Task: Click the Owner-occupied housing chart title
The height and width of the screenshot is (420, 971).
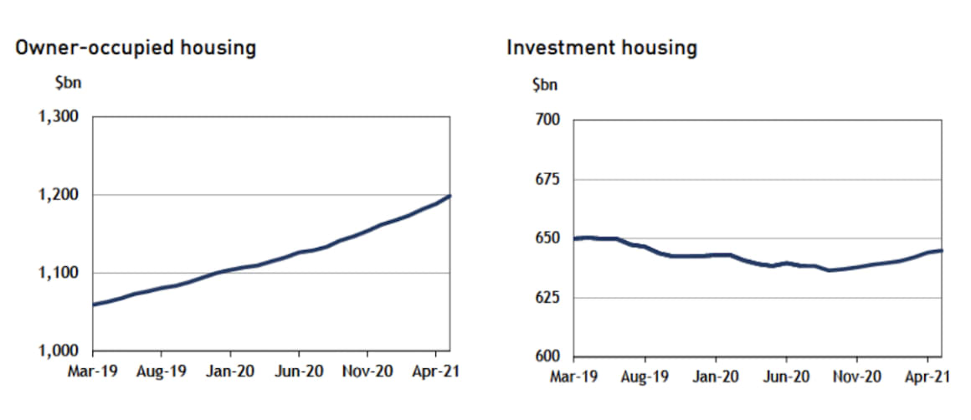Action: click(136, 48)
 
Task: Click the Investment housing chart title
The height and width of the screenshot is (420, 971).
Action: click(601, 48)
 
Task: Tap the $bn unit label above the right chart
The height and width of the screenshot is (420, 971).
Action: click(544, 84)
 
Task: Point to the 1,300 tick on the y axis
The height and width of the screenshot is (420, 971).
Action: click(59, 117)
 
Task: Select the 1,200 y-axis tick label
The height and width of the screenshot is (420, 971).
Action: click(59, 195)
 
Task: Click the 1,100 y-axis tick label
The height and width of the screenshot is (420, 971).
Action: click(59, 273)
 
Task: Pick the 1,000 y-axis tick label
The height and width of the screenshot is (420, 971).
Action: click(59, 351)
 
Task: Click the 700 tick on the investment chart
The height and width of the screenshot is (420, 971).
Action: click(547, 121)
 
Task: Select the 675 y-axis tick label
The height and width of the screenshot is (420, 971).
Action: click(547, 180)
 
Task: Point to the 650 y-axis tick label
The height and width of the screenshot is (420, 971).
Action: click(547, 239)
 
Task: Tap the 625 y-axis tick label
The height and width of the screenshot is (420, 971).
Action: click(547, 298)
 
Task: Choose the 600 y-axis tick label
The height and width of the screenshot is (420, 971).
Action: click(547, 357)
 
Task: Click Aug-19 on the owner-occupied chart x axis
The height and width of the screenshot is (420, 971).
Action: click(161, 368)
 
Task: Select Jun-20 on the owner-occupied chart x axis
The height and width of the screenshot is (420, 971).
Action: click(299, 368)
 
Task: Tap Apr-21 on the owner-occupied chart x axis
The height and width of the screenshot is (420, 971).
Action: click(436, 368)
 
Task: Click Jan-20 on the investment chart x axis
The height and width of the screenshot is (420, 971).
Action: click(716, 377)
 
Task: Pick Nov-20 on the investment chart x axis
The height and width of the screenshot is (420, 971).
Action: click(856, 377)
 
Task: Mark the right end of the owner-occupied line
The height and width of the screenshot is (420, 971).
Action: click(450, 196)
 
